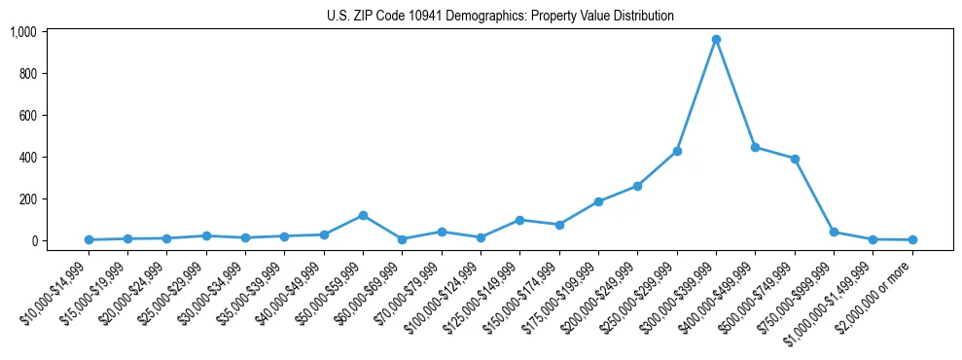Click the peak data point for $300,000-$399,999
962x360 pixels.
tap(716, 40)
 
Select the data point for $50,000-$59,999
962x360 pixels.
tap(363, 215)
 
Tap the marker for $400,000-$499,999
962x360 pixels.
tap(756, 147)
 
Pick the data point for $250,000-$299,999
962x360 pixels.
tap(677, 152)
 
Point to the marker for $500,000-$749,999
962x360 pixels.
tap(795, 159)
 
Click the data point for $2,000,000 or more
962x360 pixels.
tap(912, 239)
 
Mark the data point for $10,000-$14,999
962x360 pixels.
tap(89, 239)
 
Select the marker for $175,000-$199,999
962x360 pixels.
tap(598, 201)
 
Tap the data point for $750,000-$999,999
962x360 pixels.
tap(834, 232)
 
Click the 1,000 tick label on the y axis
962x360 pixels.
tap(23, 32)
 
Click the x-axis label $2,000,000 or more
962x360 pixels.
tap(883, 285)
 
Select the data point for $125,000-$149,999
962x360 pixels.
tap(520, 220)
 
